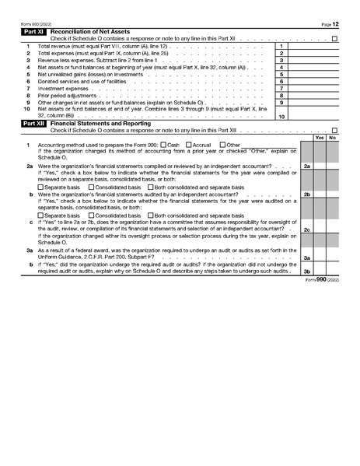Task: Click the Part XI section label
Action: pos(34,31)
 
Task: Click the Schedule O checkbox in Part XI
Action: pos(334,38)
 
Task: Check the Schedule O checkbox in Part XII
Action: pos(334,130)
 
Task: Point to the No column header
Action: pos(333,138)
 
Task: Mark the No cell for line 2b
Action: pos(333,194)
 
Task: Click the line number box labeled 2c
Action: pos(307,229)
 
